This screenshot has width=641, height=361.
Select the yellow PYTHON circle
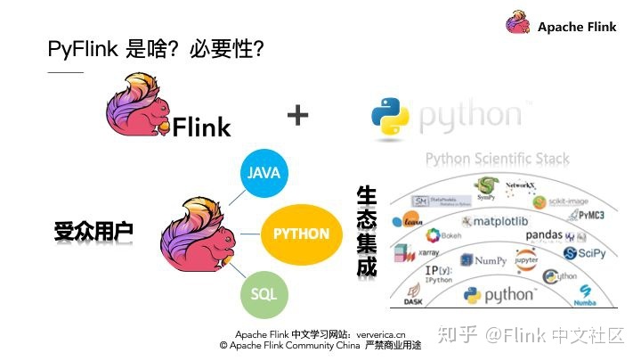301,234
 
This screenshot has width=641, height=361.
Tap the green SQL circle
263,293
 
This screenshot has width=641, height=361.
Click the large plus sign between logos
298,115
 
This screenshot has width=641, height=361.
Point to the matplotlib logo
502,220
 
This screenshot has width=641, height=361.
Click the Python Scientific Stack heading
497,160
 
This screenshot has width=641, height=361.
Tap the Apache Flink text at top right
577,27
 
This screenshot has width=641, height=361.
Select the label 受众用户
93,233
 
